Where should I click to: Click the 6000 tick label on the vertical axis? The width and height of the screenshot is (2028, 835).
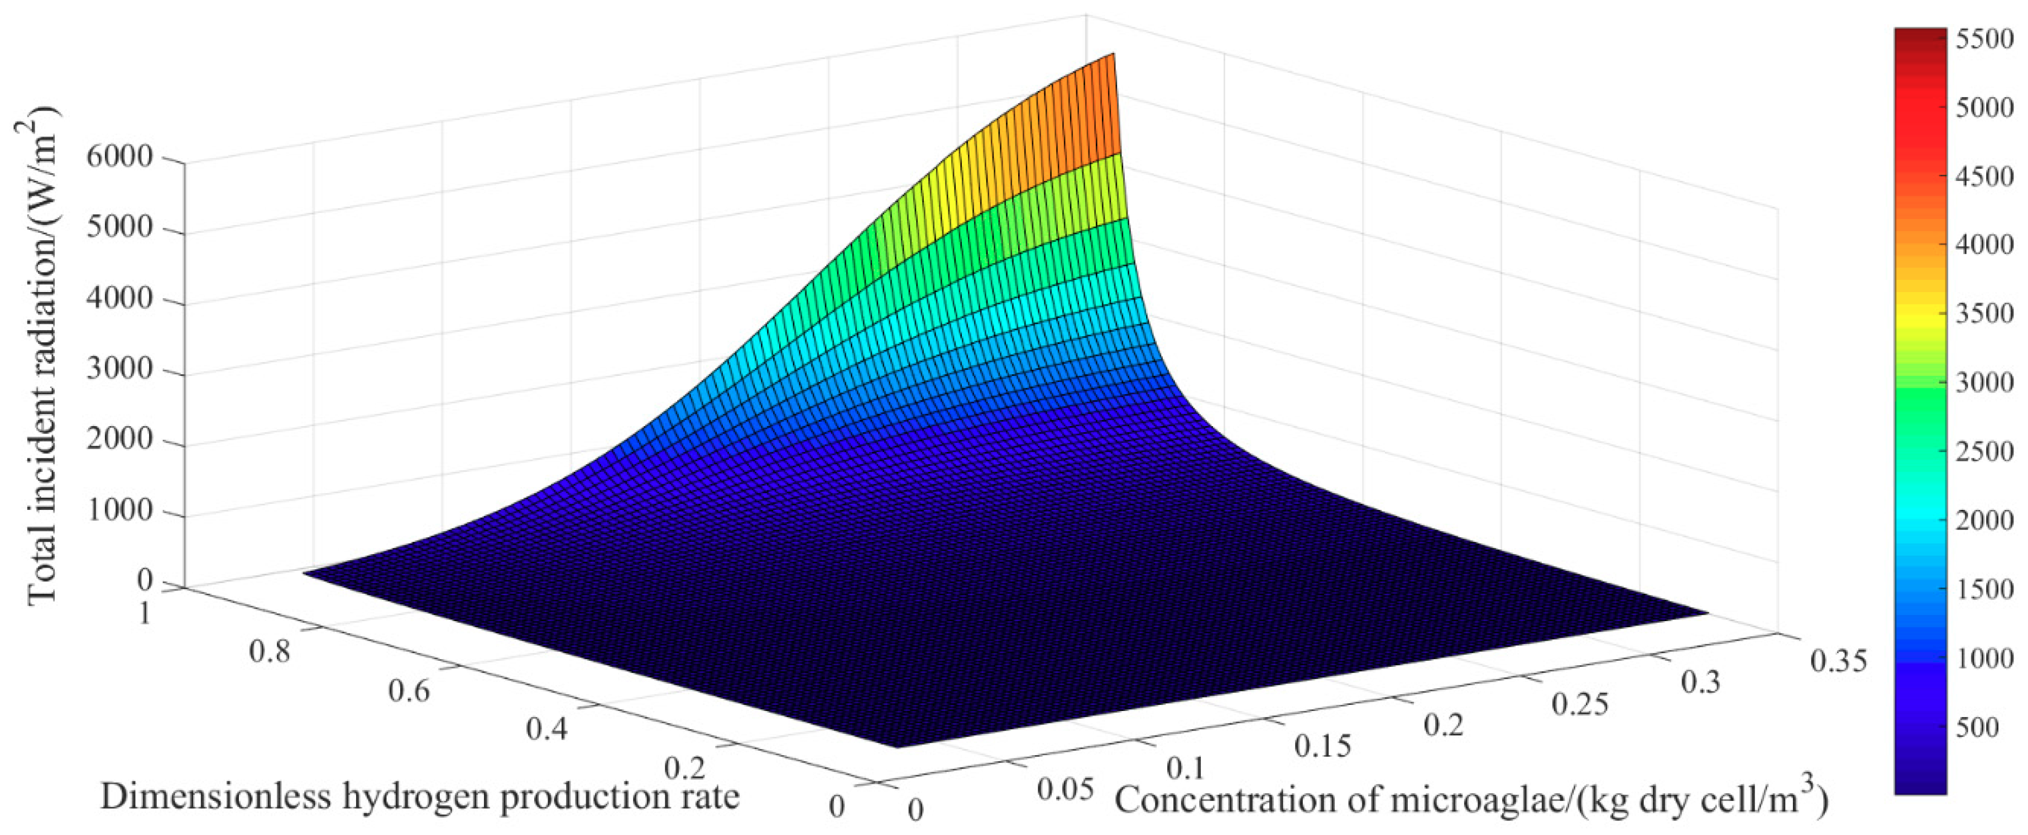click(119, 157)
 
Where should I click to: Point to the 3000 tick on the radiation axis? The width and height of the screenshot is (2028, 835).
click(119, 369)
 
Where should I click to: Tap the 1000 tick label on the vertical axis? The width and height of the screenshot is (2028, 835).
click(119, 510)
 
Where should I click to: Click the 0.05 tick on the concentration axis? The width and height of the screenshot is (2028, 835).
click(1065, 789)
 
